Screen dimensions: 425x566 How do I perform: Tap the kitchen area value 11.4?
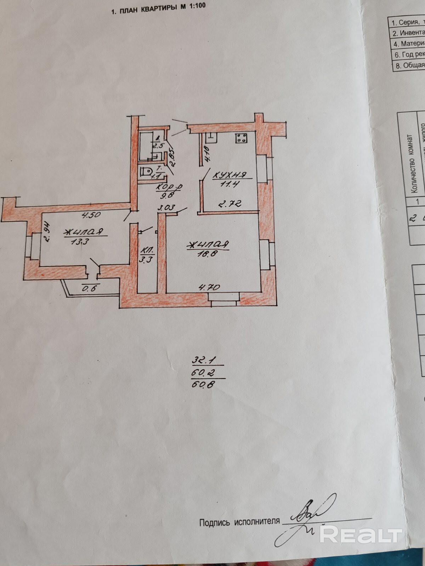(230, 184)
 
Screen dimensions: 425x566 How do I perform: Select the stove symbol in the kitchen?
(242, 138)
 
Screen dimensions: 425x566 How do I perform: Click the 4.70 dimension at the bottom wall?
(210, 287)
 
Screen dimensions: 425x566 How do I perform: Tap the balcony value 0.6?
(89, 288)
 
